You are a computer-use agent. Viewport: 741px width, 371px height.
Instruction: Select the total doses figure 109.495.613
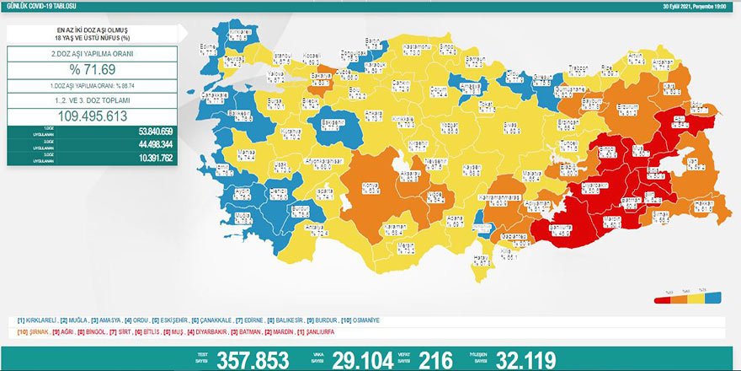tap(92, 117)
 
